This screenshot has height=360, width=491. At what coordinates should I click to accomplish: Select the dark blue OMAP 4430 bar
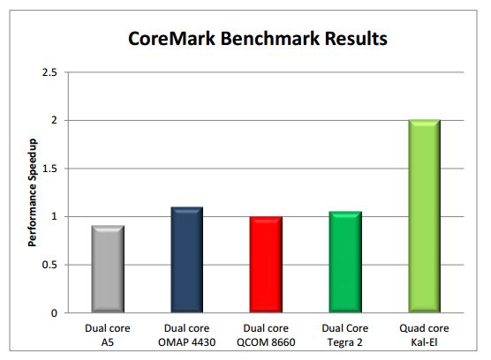tap(185, 260)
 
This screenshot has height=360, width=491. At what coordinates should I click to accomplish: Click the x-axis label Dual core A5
tap(109, 333)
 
